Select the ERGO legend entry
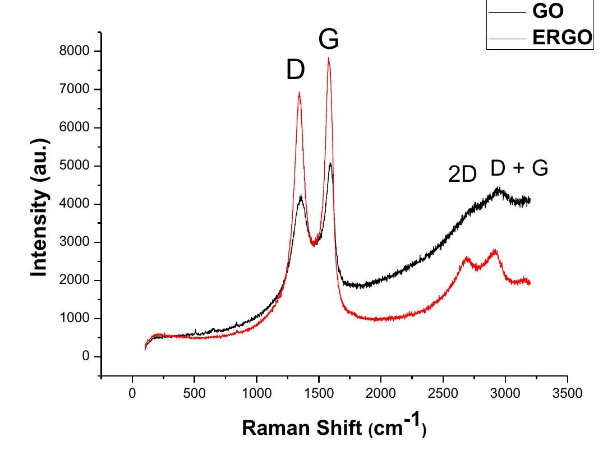pyautogui.click(x=561, y=38)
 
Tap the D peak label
pyautogui.click(x=296, y=71)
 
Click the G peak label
pyautogui.click(x=329, y=40)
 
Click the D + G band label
pyautogui.click(x=519, y=168)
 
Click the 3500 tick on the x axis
pyautogui.click(x=567, y=393)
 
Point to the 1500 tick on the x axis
pyautogui.click(x=319, y=393)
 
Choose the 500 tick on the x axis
pyautogui.click(x=194, y=393)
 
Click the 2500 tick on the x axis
pyautogui.click(x=443, y=393)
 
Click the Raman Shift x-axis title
pyautogui.click(x=334, y=428)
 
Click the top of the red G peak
pyautogui.click(x=329, y=58)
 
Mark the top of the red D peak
pyautogui.click(x=300, y=93)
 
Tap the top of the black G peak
pyautogui.click(x=330, y=164)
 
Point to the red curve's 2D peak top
pyautogui.click(x=467, y=258)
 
